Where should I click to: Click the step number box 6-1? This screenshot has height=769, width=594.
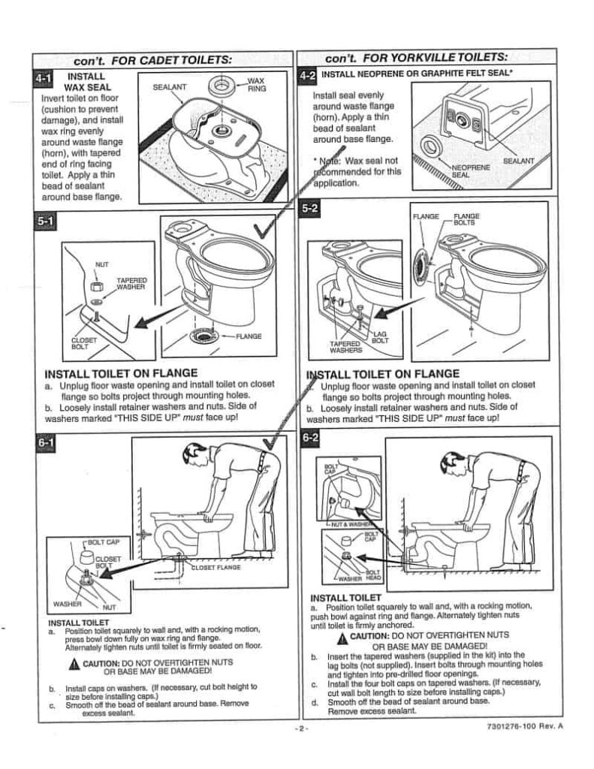[45, 445]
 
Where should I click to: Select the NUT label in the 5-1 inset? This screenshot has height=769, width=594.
[101, 264]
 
